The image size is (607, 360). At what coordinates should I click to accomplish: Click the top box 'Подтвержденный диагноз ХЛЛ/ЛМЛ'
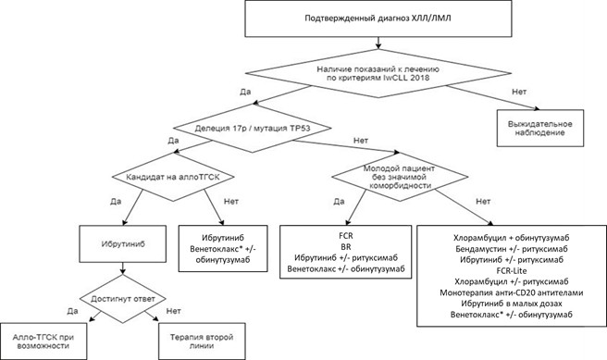click(378, 19)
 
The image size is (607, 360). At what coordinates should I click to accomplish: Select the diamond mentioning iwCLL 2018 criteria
click(378, 73)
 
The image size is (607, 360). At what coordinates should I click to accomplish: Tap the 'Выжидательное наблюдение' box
click(540, 128)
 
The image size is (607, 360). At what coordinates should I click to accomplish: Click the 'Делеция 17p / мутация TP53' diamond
click(253, 128)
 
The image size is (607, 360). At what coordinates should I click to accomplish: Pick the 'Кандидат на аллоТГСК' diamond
click(173, 177)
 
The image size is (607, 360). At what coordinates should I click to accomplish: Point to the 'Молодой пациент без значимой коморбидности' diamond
click(400, 177)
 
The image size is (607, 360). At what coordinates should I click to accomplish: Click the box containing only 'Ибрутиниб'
click(123, 244)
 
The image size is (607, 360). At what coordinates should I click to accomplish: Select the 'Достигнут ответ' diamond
click(123, 299)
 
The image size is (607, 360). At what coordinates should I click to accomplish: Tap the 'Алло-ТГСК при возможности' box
click(43, 341)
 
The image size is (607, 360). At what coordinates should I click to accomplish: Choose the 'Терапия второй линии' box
click(202, 341)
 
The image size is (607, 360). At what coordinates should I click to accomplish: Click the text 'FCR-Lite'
click(512, 270)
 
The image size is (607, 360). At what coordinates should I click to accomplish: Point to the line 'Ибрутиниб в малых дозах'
click(512, 304)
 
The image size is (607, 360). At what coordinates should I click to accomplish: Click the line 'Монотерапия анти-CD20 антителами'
click(512, 292)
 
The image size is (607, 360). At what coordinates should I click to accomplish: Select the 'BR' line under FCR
click(346, 246)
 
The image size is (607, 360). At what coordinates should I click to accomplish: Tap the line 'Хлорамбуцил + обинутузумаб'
click(512, 238)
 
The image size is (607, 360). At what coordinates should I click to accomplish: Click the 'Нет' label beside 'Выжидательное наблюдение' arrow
click(519, 92)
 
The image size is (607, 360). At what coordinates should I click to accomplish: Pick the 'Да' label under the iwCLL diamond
click(245, 92)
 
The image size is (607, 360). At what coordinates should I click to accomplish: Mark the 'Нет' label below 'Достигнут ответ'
click(173, 311)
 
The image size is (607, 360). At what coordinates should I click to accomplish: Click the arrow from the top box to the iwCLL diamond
click(378, 43)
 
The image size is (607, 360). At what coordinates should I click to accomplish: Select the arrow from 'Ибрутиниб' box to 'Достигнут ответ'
click(123, 268)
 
